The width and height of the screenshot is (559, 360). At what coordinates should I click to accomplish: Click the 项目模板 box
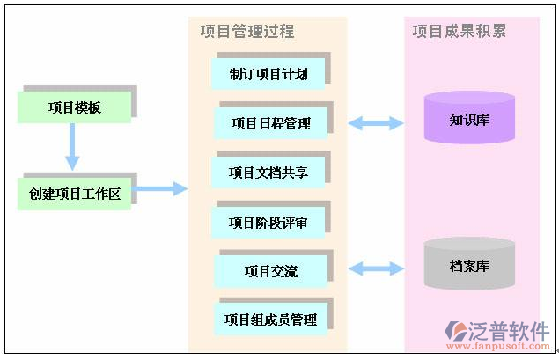click(x=74, y=107)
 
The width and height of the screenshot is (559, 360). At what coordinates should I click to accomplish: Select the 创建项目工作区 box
click(x=74, y=194)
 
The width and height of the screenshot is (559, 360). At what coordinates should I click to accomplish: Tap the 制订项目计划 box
click(x=268, y=74)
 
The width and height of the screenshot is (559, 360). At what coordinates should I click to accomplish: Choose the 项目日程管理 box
click(x=271, y=123)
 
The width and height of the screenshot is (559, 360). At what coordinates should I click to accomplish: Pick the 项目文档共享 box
click(x=268, y=173)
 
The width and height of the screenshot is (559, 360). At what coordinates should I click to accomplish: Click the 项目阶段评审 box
click(x=268, y=222)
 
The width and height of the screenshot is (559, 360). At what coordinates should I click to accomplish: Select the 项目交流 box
click(x=271, y=271)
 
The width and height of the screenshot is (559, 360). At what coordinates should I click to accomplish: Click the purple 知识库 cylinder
click(x=469, y=119)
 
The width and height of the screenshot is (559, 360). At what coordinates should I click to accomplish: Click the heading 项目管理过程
click(x=247, y=32)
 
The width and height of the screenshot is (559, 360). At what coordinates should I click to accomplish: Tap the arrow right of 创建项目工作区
click(x=162, y=188)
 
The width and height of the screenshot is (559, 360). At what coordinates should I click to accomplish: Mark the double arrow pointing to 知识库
click(x=376, y=123)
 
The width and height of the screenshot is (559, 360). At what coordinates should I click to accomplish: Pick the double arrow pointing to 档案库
click(x=376, y=268)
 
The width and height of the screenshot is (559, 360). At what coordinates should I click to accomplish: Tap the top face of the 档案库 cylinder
click(x=469, y=246)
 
